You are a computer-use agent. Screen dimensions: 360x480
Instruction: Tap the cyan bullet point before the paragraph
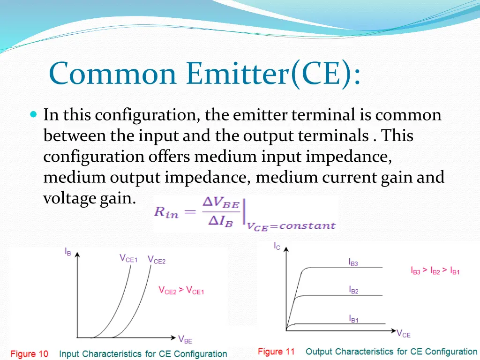pos(33,114)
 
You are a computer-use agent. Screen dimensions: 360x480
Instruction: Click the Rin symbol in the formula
pos(166,212)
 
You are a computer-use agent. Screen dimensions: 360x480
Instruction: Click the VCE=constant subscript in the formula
pos(291,226)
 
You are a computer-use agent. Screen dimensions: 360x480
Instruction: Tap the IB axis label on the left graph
pos(68,252)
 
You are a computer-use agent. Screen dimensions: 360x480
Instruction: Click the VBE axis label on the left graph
pos(185,339)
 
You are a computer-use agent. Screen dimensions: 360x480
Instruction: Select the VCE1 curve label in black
pos(128,259)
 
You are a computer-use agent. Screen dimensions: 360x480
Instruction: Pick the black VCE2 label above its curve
pos(157,260)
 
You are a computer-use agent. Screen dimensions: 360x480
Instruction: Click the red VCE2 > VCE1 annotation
pos(181,291)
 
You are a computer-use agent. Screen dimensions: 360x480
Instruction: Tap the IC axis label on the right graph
pos(277,246)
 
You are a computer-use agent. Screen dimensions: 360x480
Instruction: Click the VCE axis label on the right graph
pos(403,334)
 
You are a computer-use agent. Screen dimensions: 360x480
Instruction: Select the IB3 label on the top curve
pos(353,263)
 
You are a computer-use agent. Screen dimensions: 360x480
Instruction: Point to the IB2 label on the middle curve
pos(353,290)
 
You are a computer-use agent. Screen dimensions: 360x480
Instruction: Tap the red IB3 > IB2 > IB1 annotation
pos(435,271)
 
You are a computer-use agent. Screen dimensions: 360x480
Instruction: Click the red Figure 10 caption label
pos(30,354)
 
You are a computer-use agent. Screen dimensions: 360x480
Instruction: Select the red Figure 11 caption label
pos(277,352)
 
